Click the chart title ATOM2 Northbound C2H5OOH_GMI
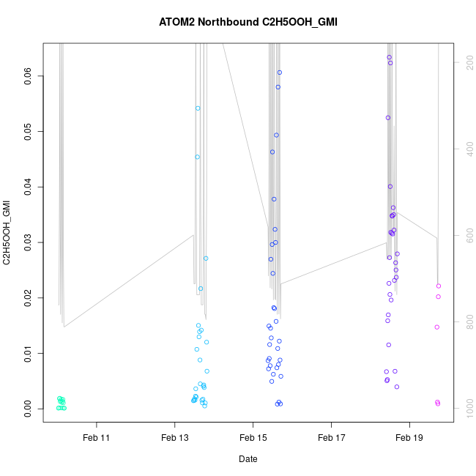(x=248, y=22)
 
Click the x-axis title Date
(x=248, y=459)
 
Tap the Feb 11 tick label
(x=96, y=438)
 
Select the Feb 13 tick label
(x=174, y=438)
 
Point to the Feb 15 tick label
(x=253, y=438)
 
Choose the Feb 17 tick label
(x=331, y=438)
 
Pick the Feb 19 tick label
(x=409, y=438)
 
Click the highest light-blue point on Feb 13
(x=198, y=108)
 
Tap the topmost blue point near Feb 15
(x=280, y=72)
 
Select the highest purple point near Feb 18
(x=389, y=57)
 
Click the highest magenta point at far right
(x=439, y=286)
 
